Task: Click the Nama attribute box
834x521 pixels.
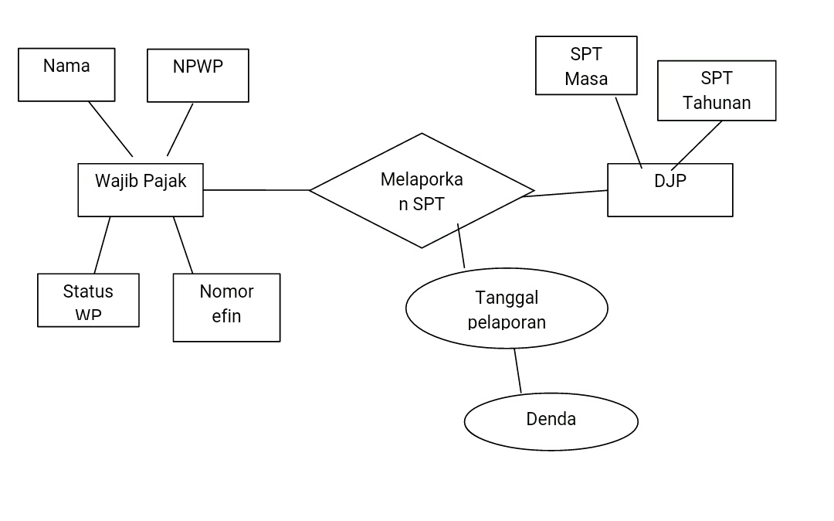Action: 66,75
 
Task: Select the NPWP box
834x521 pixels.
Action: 198,76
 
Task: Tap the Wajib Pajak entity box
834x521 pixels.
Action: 141,190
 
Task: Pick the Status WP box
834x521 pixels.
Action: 88,301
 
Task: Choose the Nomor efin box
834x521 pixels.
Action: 226,308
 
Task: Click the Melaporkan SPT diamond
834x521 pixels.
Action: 422,191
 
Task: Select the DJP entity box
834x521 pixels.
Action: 670,190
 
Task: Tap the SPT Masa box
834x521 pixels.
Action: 586,66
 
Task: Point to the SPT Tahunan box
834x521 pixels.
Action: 717,90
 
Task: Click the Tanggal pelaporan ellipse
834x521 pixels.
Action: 507,309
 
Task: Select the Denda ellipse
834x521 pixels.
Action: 551,421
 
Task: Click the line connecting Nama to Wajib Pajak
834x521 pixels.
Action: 110,129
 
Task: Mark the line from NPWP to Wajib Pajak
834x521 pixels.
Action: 180,129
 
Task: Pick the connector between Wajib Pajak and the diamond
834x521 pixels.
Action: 256,189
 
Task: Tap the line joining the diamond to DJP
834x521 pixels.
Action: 565,193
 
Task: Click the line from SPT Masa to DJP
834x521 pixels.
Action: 629,131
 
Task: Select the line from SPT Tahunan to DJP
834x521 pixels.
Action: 697,145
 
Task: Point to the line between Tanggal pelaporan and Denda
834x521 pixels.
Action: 517,371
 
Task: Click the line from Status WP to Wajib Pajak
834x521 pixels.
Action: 102,245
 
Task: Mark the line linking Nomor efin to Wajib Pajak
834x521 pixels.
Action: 183,245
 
